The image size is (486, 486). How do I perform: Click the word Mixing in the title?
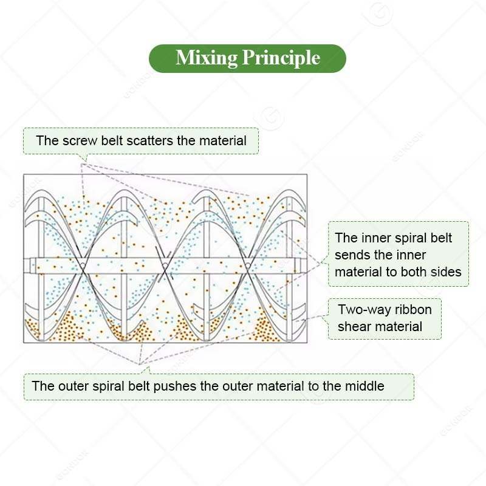click(x=207, y=58)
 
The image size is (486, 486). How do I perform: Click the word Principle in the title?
click(x=281, y=58)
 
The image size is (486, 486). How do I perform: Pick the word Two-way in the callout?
click(x=358, y=310)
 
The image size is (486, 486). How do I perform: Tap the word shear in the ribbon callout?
click(x=352, y=326)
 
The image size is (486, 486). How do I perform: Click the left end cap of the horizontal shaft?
click(x=30, y=265)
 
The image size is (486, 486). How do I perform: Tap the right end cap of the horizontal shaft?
click(x=300, y=265)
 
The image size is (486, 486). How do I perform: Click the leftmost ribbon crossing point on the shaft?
click(x=83, y=265)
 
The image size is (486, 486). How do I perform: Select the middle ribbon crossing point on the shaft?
click(x=165, y=265)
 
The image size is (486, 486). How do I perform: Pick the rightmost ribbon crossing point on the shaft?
click(x=248, y=265)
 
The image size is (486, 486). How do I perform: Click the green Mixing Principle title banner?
click(x=247, y=58)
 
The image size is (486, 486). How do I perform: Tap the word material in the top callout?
click(x=223, y=141)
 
